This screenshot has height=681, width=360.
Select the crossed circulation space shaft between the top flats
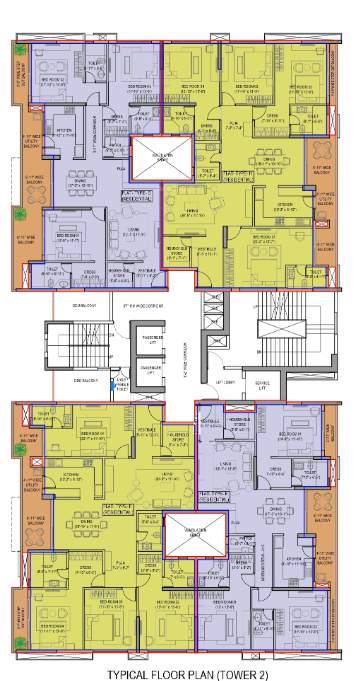point(162,159)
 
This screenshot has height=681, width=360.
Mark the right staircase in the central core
point(276,329)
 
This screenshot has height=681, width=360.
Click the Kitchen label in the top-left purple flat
point(62,131)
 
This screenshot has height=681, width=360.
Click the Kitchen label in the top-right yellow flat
point(285,205)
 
